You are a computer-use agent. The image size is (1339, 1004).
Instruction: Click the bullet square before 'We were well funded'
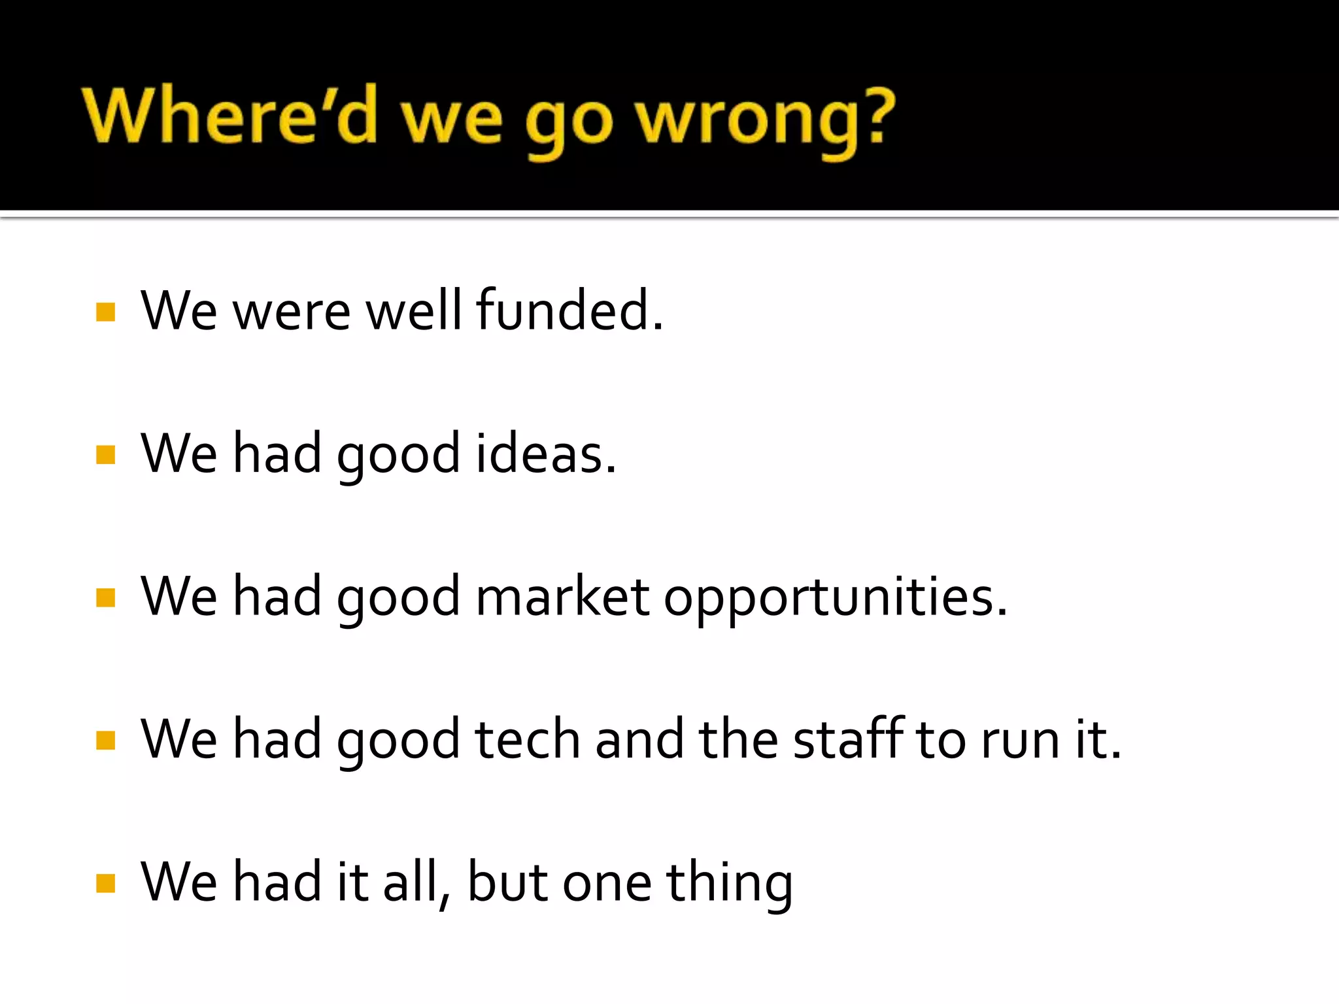pos(105,312)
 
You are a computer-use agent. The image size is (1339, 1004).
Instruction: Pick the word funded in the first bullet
pos(569,310)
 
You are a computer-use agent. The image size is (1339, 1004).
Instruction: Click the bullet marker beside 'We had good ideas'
pos(105,454)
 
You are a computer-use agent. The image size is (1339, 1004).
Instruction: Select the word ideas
pos(545,454)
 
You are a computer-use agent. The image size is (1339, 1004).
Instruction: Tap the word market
pos(562,597)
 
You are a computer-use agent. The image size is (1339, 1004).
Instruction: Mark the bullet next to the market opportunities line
pos(105,597)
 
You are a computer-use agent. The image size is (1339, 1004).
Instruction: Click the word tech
pos(528,739)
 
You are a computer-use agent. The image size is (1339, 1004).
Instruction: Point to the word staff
pos(848,739)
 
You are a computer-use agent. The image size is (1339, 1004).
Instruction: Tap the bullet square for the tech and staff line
pos(105,740)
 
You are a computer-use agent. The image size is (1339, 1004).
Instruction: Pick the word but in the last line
pos(507,882)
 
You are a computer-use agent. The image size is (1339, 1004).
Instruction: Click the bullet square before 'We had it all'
pos(105,883)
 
